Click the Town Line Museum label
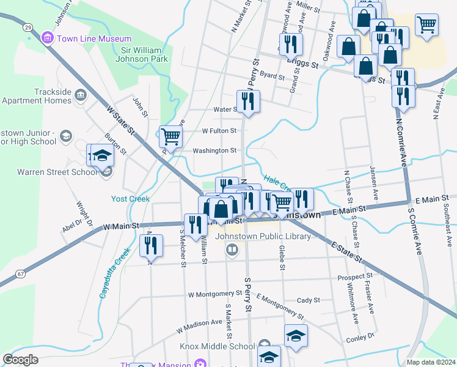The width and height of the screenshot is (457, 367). [94, 39]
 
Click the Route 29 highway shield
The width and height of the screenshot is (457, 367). [27, 27]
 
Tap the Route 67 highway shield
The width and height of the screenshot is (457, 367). [21, 273]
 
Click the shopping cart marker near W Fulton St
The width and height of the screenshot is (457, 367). [170, 136]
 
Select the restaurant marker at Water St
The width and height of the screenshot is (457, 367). [248, 101]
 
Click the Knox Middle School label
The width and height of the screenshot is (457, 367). [217, 346]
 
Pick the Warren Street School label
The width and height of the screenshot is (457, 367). [49, 172]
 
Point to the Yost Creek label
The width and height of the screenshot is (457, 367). [130, 199]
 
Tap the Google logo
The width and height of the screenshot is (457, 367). [20, 360]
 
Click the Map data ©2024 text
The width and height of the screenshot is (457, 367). [431, 362]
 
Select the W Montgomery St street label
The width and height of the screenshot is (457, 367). [216, 294]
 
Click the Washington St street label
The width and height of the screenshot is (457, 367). [214, 150]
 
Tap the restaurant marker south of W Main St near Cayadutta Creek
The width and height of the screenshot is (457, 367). [151, 245]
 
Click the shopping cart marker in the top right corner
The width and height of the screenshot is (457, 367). [426, 25]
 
